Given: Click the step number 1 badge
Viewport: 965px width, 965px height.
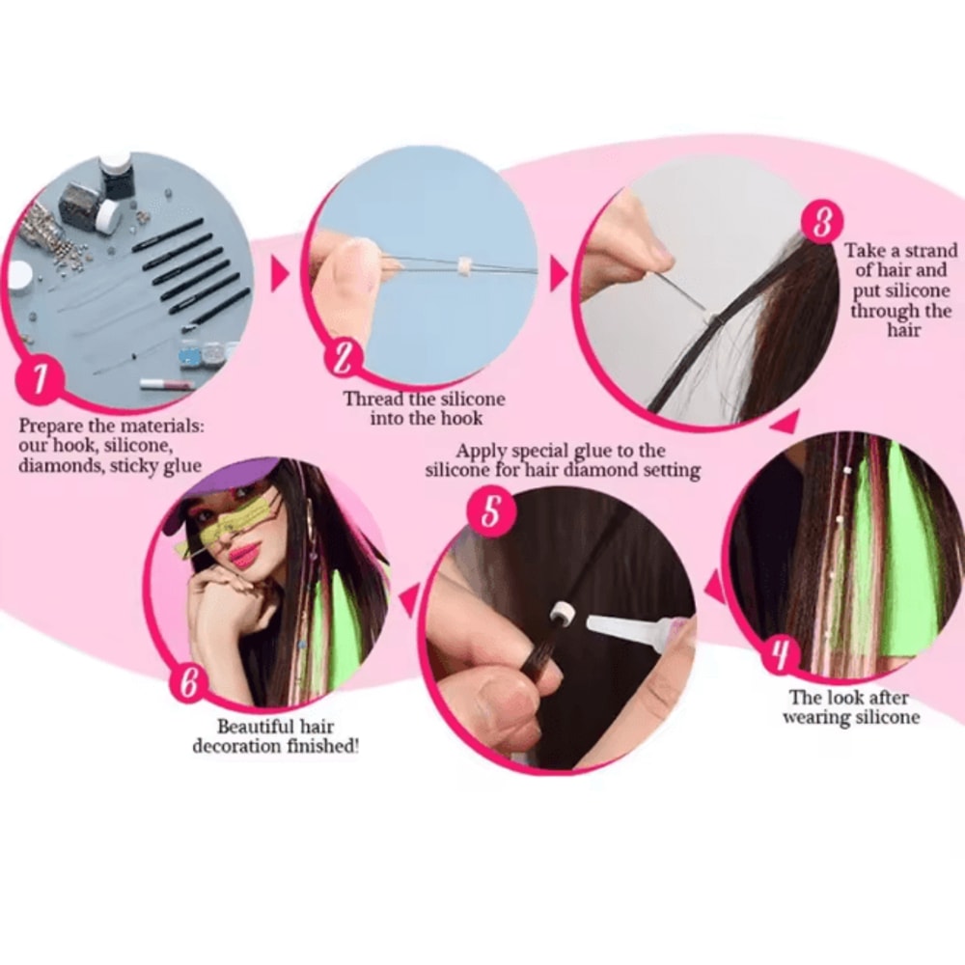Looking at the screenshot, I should click(x=41, y=379).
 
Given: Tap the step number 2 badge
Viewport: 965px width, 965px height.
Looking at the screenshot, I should click(x=345, y=359).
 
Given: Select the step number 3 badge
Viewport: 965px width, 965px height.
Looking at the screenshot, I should click(x=821, y=223).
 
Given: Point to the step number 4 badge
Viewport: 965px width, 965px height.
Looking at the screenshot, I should click(x=780, y=656).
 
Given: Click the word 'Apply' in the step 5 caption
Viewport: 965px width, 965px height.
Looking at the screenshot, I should click(x=479, y=451).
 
